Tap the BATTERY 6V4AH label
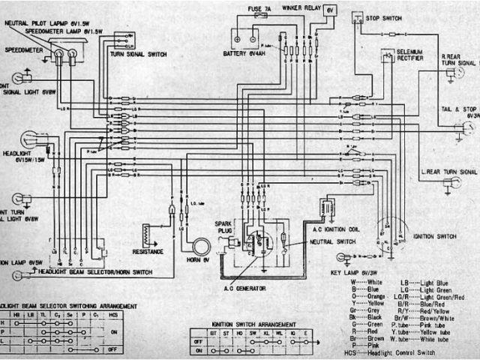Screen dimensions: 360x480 (247, 54)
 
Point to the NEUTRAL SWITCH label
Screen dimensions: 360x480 (331, 244)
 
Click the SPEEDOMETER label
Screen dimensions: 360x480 (22, 50)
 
